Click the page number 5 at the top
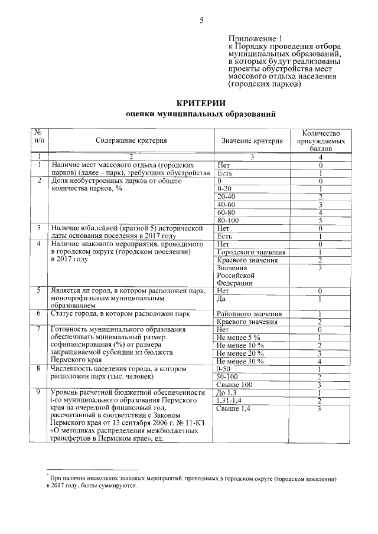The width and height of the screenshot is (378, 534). [x=201, y=20]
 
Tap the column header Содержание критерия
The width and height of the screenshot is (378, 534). [x=132, y=140]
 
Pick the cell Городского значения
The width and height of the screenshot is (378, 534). [x=243, y=252]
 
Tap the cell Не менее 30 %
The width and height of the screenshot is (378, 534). [x=240, y=361]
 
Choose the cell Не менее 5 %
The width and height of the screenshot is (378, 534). [x=239, y=338]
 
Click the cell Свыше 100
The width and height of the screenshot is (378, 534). [x=234, y=384]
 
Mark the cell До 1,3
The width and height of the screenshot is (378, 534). [x=227, y=392]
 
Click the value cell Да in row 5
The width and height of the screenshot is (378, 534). [x=222, y=299]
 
